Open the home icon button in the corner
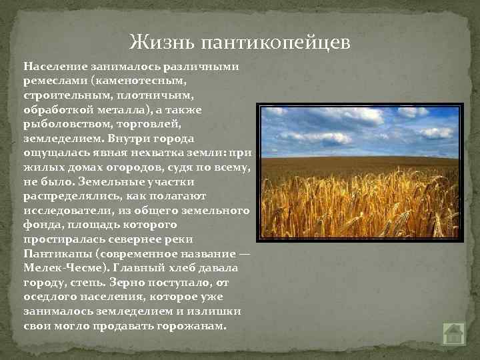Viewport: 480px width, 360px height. [453, 333]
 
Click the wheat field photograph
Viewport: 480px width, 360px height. [359, 171]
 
